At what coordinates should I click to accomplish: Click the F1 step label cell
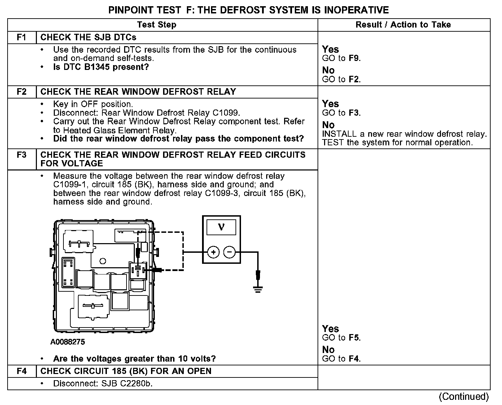coord(21,37)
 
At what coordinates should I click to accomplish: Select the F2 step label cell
coord(21,92)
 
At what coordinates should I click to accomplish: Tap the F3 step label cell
coord(21,155)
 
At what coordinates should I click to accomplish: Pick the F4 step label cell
coord(21,371)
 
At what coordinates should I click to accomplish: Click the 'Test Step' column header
coord(157,25)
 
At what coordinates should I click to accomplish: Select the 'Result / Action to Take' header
coord(403,25)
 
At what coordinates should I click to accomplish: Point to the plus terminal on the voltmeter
coord(213,252)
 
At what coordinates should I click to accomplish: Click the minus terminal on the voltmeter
coord(230,252)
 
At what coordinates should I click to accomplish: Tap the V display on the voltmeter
coord(221,227)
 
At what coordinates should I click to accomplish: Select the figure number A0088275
coord(68,342)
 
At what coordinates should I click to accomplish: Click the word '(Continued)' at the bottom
coord(464,397)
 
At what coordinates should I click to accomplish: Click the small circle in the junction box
coord(102,261)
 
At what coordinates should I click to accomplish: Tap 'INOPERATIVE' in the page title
coord(356,10)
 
